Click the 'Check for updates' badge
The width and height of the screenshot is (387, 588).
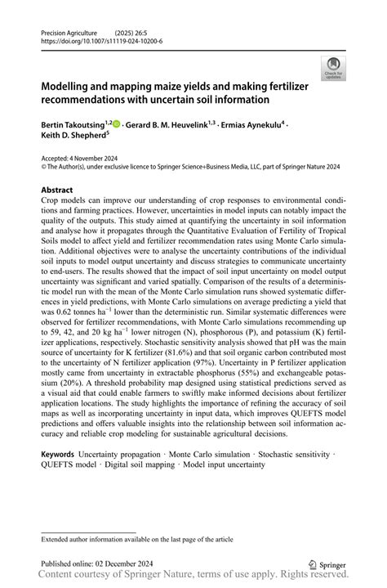click(332, 69)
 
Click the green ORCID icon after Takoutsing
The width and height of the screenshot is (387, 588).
click(117, 124)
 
